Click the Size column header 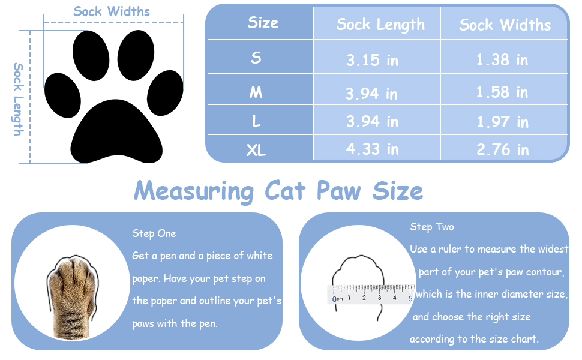[263, 23]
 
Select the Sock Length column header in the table [380, 25]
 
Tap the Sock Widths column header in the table [505, 25]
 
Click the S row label [256, 58]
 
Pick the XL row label [256, 150]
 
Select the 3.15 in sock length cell [372, 60]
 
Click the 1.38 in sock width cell [502, 59]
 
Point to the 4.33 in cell [372, 149]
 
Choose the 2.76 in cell [502, 149]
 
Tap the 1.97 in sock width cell [502, 122]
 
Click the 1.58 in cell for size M [502, 92]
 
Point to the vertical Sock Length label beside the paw [18, 99]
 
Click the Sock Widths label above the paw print [112, 11]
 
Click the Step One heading [154, 233]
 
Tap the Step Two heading [432, 227]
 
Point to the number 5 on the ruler [410, 298]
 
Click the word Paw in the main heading [339, 191]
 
